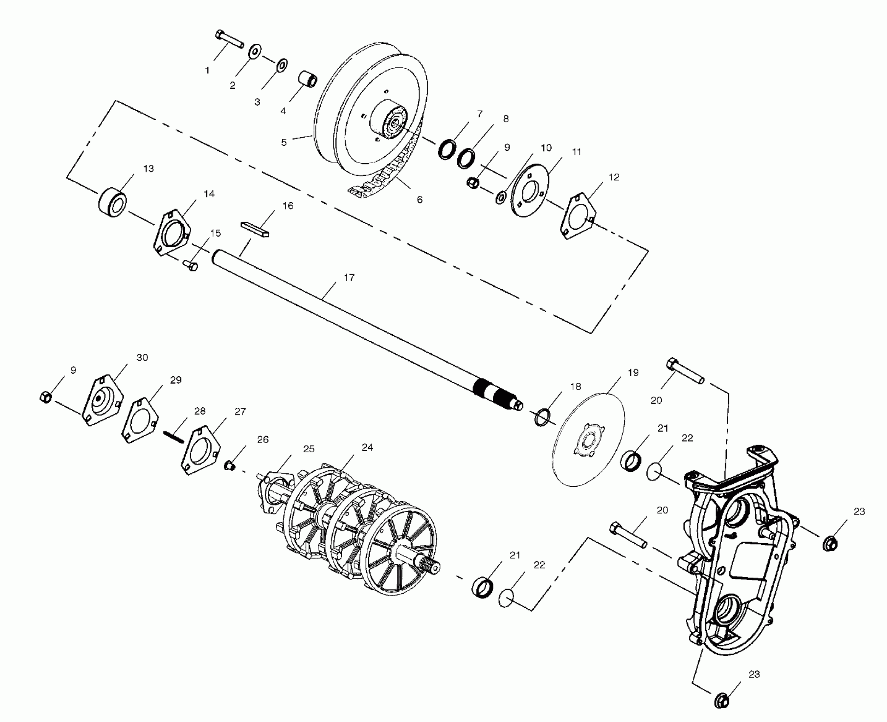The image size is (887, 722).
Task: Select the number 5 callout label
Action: tap(284, 142)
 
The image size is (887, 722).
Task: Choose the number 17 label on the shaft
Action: tap(349, 278)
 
